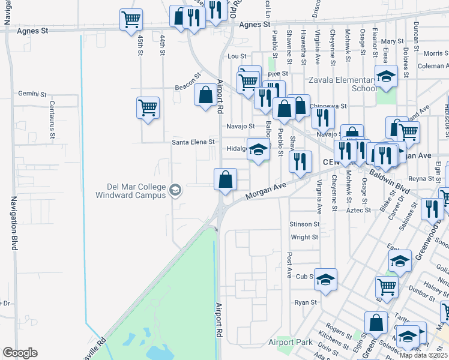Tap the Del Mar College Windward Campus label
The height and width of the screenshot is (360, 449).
132,190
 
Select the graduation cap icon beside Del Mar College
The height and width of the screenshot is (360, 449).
175,190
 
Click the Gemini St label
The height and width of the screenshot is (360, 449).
32,94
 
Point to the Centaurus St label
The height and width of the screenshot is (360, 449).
52,123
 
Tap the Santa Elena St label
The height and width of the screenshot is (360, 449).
193,142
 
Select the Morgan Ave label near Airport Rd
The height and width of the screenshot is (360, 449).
264,193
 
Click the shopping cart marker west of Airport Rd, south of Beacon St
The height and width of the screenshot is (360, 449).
148,107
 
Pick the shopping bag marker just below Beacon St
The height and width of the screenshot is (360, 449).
206,94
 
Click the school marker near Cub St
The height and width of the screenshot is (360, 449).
325,279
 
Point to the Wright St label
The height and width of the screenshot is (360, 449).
304,238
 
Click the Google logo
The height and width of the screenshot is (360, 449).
20,352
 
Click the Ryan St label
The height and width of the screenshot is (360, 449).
306,302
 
